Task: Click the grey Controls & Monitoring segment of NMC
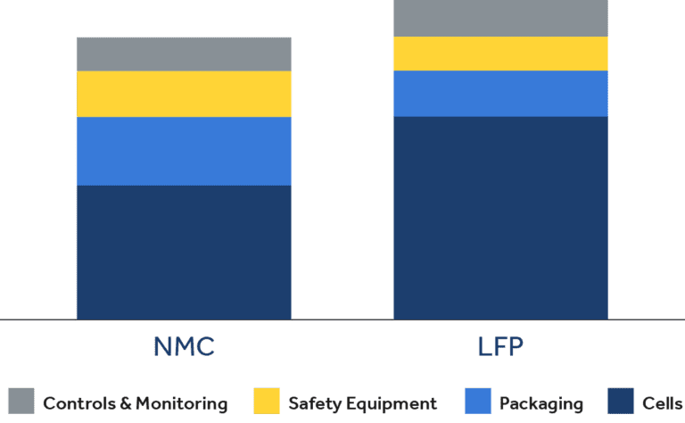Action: pos(184,54)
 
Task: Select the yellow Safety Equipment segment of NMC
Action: pos(184,94)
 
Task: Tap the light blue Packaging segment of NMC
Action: pos(184,151)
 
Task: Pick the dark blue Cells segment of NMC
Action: pos(184,252)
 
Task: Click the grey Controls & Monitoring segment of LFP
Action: pos(500,19)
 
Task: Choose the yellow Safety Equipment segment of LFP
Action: pos(500,54)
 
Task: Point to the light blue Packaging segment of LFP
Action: pos(500,94)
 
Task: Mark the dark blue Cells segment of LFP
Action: pos(500,217)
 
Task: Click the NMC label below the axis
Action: pos(184,346)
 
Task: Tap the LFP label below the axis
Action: pos(499,346)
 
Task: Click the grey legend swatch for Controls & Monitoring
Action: pos(21,402)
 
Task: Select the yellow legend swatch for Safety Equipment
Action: pos(267,402)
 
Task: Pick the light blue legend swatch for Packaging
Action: pos(478,402)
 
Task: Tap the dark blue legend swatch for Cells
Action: pos(621,402)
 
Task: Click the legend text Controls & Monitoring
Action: pos(135,403)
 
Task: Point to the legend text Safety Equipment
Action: pos(362,403)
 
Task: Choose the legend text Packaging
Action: pos(541,403)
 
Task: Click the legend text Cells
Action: pos(663,403)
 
